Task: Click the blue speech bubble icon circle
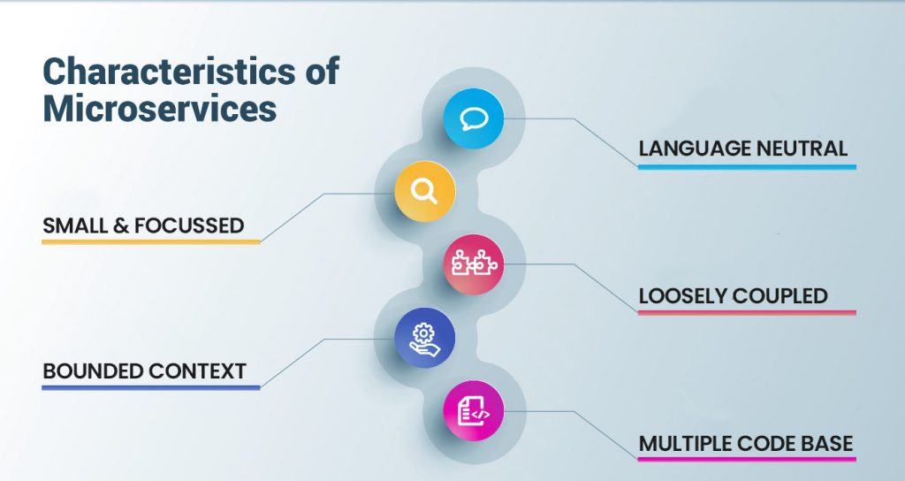474,118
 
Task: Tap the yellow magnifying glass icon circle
425,191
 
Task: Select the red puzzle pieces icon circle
474,264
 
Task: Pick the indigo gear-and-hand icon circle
425,338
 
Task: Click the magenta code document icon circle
474,410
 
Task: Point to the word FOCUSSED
189,225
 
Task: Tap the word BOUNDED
92,371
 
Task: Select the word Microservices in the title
160,109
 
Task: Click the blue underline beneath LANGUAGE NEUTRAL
747,167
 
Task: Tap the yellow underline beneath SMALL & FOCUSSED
151,242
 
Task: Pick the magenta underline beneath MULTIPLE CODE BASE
747,460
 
